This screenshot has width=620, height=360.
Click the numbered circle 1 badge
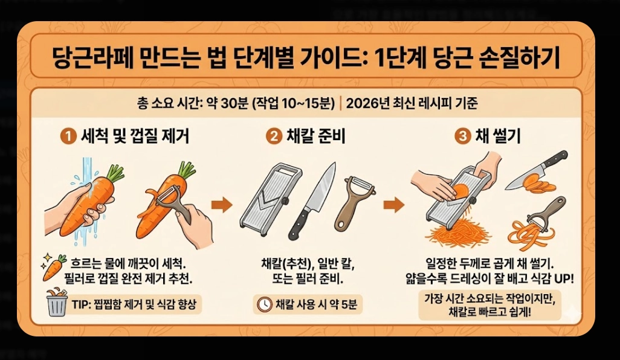[x=68, y=138]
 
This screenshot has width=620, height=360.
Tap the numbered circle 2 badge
[x=274, y=138]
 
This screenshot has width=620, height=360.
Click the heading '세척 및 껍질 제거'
[x=135, y=138]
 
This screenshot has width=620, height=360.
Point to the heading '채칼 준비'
[x=315, y=138]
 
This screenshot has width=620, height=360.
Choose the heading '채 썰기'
[x=499, y=138]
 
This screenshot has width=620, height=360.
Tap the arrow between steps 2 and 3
[x=394, y=205]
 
